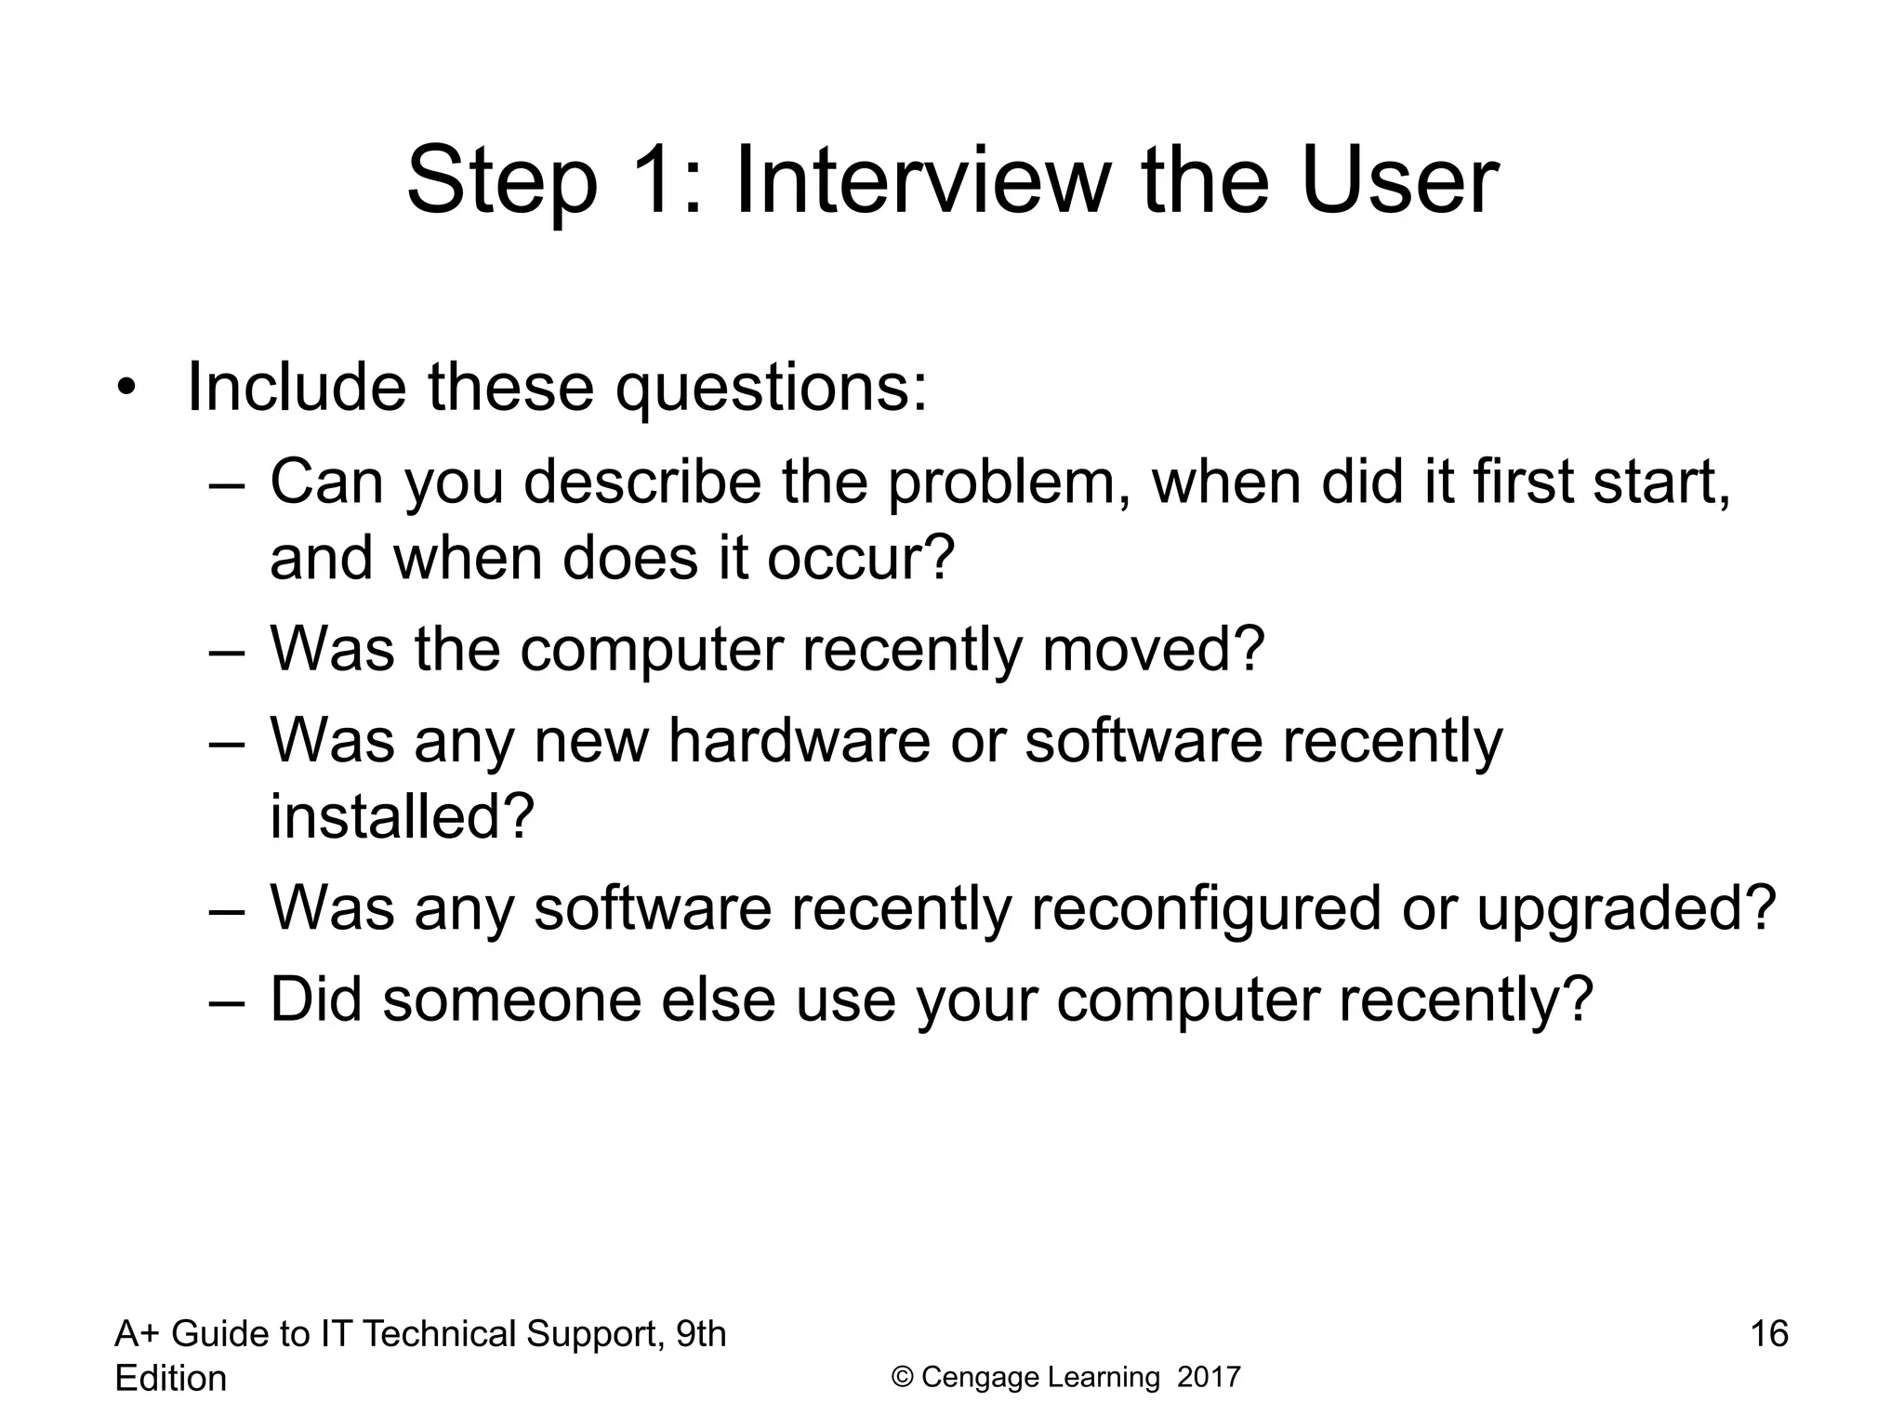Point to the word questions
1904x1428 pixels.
771,389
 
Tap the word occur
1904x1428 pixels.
860,559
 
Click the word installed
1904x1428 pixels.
402,816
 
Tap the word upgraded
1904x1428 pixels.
1626,910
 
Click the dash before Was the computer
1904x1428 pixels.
227,652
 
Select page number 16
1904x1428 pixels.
1769,1334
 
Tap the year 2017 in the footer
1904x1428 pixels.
1209,1377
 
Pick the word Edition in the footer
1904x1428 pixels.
170,1379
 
